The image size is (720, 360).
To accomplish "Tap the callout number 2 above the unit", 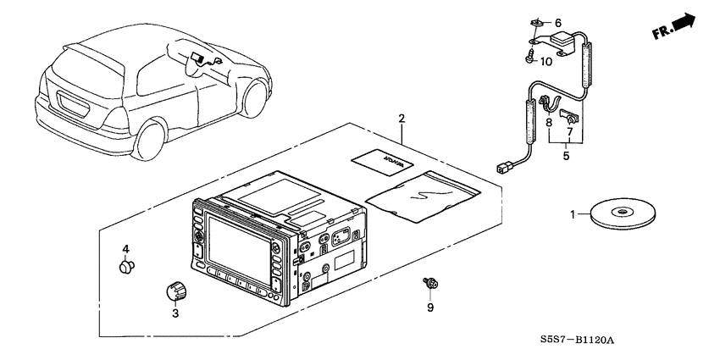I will (x=402, y=119).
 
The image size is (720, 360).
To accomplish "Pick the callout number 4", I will (x=125, y=249).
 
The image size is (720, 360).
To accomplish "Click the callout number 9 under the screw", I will (x=429, y=307).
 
